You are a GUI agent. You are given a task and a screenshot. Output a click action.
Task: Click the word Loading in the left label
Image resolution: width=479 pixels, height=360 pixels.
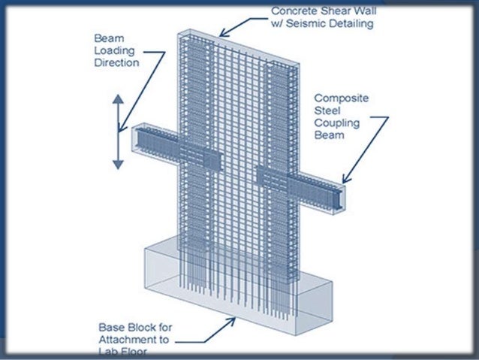pyautogui.click(x=113, y=50)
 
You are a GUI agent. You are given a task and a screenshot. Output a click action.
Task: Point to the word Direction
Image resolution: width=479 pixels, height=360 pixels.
pyautogui.click(x=117, y=62)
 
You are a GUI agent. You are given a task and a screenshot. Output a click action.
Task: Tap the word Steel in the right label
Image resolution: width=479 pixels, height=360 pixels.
pyautogui.click(x=327, y=111)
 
